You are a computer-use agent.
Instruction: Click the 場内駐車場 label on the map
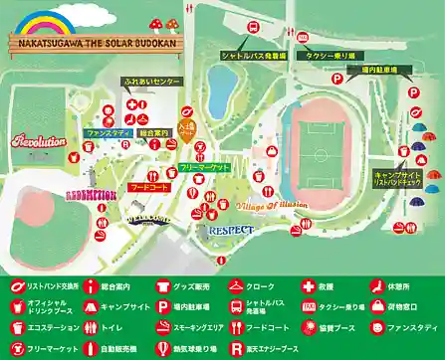click(x=375, y=71)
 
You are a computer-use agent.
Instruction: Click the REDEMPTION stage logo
click(x=92, y=193)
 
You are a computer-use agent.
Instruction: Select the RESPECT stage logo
click(x=232, y=229)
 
